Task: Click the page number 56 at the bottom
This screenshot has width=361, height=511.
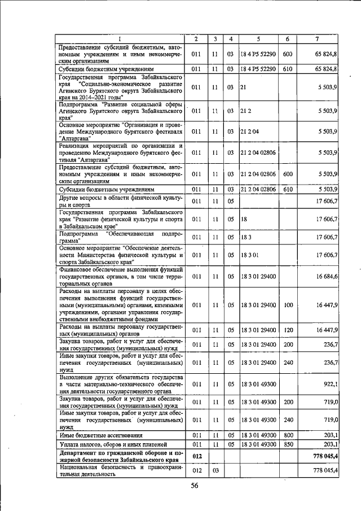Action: click(x=195, y=486)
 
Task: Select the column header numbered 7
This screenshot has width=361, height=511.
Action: click(x=317, y=38)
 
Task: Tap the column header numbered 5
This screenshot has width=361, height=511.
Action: click(x=258, y=38)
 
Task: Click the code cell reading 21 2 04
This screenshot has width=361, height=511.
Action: click(x=248, y=132)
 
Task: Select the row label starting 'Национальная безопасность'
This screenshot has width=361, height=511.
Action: click(x=121, y=471)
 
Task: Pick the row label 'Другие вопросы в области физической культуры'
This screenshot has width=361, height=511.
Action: click(x=121, y=200)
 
